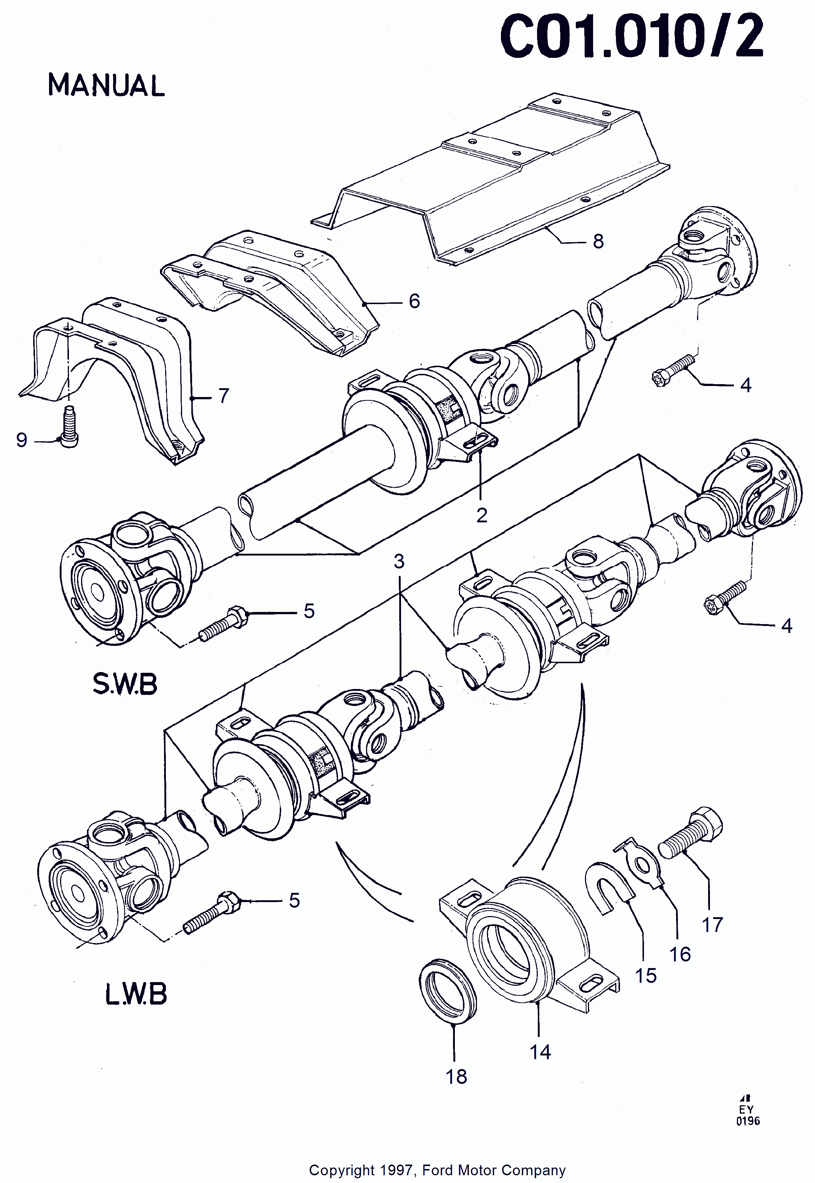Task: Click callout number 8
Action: click(x=598, y=241)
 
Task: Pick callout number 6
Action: click(x=414, y=301)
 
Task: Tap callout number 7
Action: click(x=224, y=396)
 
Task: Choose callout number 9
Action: click(x=21, y=440)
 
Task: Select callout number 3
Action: click(x=399, y=561)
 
